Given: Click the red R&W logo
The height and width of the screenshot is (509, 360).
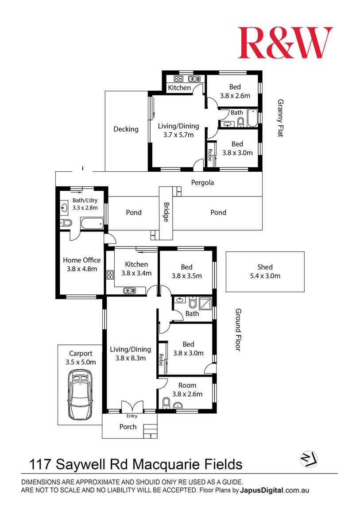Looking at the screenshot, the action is click(285, 42).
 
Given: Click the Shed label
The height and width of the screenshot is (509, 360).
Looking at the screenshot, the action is click(265, 267).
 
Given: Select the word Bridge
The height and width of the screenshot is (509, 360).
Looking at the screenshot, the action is click(166, 212).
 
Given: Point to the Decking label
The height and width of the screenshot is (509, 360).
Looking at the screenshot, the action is click(126, 129).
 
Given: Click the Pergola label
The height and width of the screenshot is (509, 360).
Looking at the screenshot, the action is click(202, 183).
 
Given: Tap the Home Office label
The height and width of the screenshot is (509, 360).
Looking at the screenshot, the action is click(82, 260).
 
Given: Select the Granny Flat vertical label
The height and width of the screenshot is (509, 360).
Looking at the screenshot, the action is click(280, 118).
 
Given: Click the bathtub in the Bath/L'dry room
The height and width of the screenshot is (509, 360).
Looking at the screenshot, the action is click(92, 223).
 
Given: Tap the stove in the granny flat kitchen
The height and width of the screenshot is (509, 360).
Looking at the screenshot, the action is click(178, 78).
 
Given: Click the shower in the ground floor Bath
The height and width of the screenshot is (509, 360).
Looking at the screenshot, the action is click(205, 303).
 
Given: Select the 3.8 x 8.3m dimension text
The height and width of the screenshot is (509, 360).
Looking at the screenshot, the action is click(131, 359).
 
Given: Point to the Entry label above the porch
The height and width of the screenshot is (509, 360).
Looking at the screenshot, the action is click(132, 416).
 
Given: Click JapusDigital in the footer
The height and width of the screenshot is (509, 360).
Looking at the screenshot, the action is click(262, 490).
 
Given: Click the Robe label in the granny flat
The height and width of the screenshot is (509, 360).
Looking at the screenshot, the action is click(210, 155).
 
